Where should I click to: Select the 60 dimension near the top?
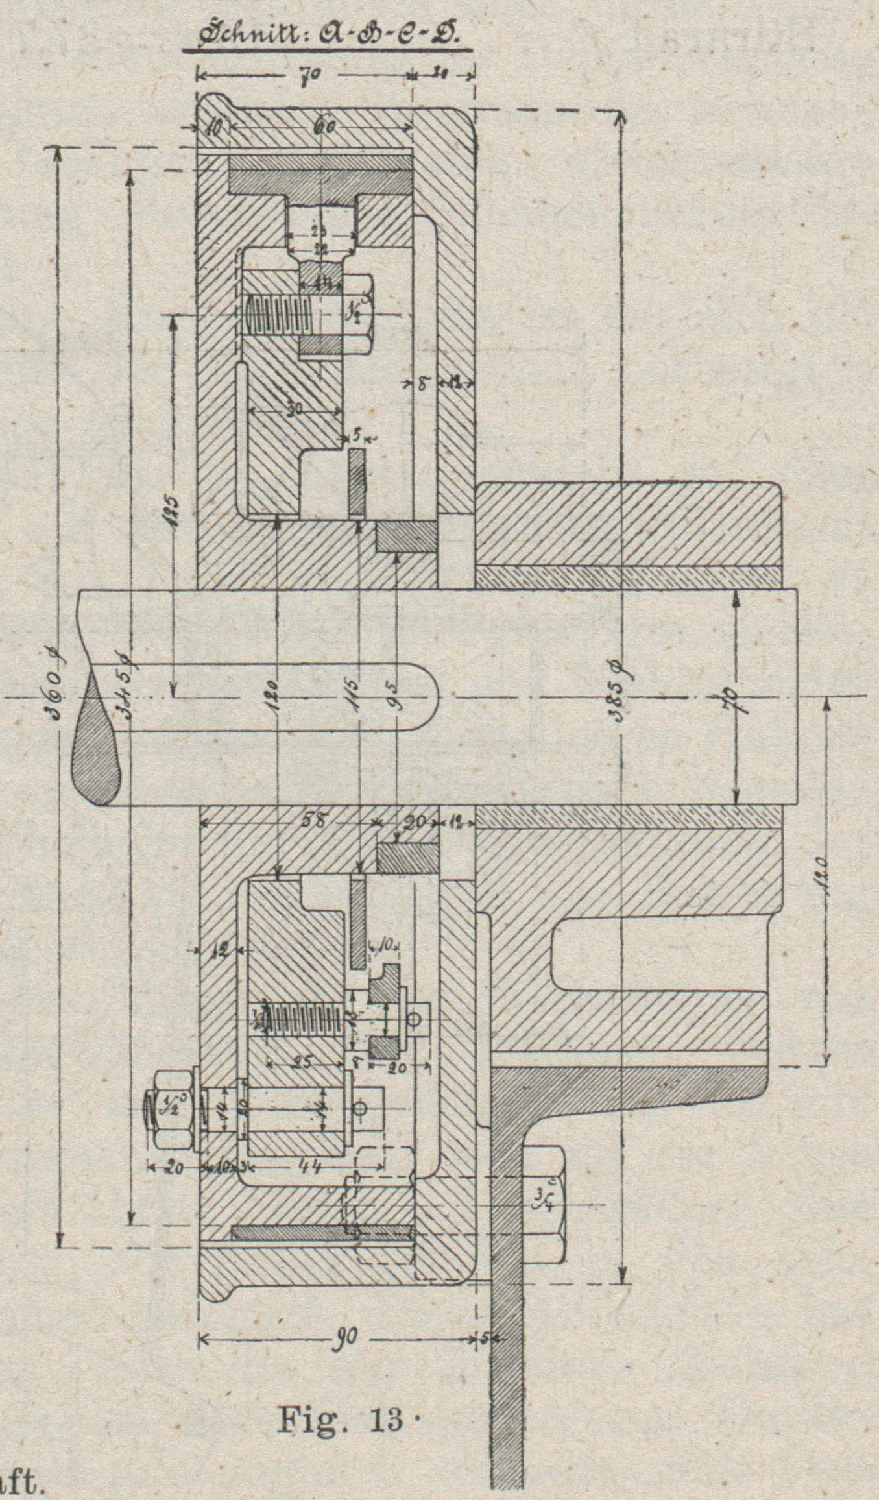323,128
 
